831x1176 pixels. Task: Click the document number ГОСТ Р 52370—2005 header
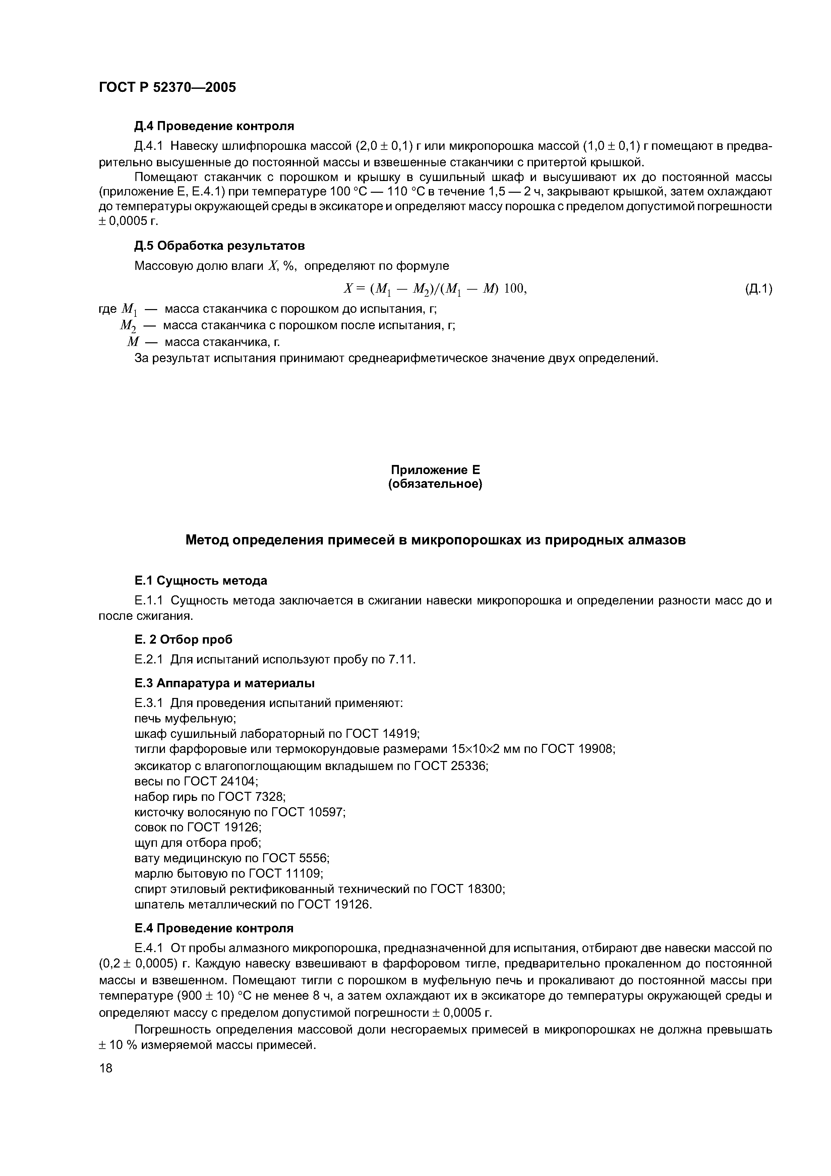click(167, 87)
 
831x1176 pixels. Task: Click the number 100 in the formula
click(514, 289)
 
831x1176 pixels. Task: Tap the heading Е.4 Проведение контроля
click(214, 929)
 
